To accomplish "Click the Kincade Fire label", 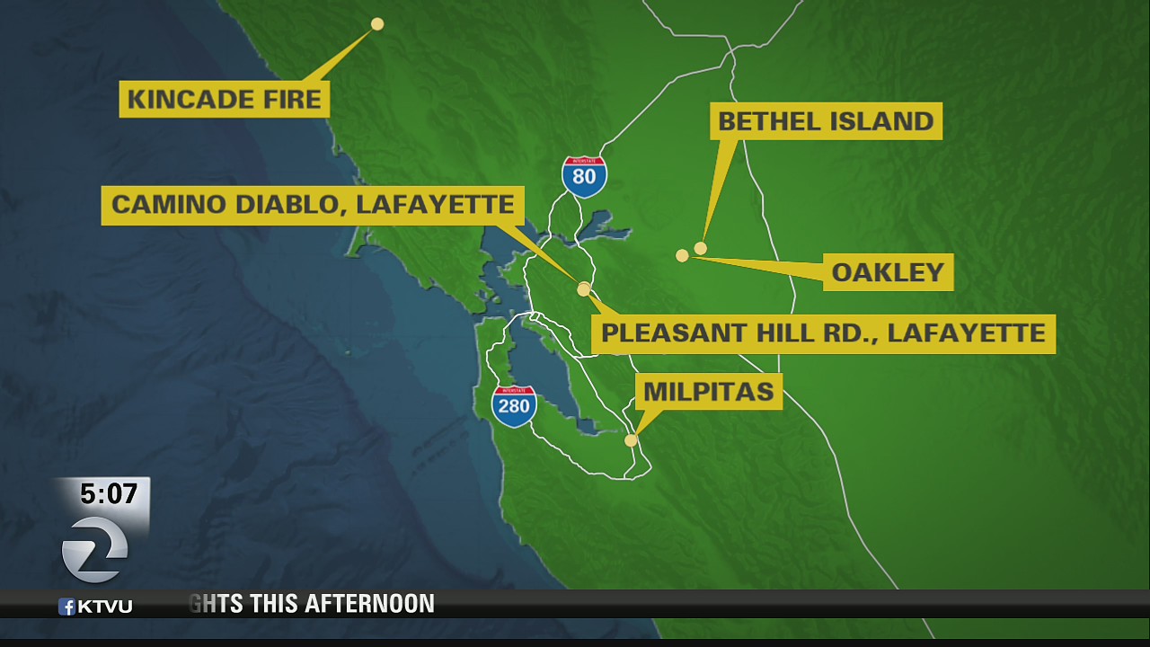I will tap(225, 99).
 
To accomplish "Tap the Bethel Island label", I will tap(826, 121).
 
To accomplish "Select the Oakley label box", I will tap(888, 272).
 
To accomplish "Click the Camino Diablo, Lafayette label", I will tap(313, 205).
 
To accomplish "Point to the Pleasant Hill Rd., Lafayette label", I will tap(823, 333).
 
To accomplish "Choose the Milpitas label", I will tap(709, 392).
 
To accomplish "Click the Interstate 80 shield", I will tap(584, 175).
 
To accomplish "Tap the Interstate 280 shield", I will tap(514, 405).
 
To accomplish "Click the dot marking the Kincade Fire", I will tap(377, 24).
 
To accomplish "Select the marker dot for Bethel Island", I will tap(701, 248).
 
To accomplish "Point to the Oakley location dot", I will tap(682, 256).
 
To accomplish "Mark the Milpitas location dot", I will tap(631, 440).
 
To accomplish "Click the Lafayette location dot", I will tap(584, 289).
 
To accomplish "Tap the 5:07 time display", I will tap(109, 494).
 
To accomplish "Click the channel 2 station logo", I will tap(94, 548).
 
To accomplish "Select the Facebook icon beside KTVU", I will tap(66, 607).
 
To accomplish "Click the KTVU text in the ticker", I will tap(104, 607).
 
